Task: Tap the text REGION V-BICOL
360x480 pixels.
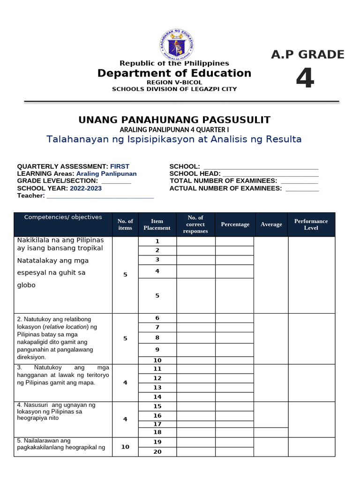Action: (174, 82)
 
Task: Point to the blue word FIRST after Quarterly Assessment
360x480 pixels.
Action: (120, 166)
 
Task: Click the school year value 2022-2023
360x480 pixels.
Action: (86, 188)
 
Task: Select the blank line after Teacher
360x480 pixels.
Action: (100, 196)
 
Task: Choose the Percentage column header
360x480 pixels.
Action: (235, 225)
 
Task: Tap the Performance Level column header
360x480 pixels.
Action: (311, 225)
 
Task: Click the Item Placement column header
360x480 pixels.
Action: (157, 225)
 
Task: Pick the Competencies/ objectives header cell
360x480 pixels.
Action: (63, 217)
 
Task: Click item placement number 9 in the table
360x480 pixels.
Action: (157, 350)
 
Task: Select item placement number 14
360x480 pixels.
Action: (157, 397)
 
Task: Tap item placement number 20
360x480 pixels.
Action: (157, 452)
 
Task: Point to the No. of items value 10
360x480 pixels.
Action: (125, 447)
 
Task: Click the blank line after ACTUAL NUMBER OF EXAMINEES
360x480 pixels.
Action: (302, 188)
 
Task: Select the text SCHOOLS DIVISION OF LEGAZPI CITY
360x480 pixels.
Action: (174, 89)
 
